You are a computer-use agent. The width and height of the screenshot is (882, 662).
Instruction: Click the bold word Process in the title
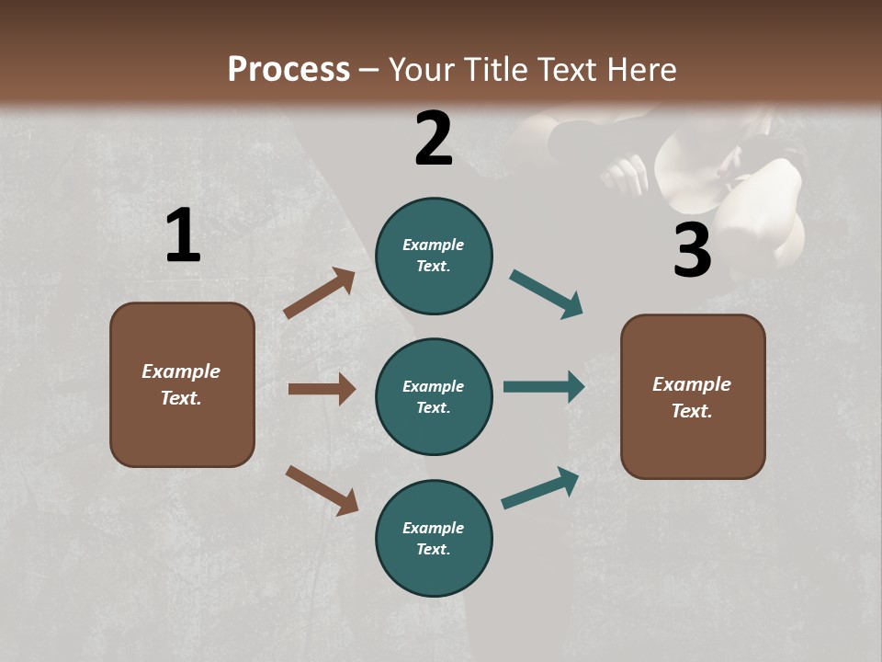pos(288,70)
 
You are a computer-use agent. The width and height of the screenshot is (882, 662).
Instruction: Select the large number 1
pos(183,236)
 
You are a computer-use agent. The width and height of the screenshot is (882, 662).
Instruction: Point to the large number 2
pos(434,139)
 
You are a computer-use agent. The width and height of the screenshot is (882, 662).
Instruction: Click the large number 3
pos(692,250)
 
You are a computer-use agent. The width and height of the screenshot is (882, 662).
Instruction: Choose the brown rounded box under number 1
pos(182,384)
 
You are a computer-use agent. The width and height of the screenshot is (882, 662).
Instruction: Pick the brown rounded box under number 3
pos(693,396)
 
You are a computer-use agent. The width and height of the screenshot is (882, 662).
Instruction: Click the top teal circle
pos(434,256)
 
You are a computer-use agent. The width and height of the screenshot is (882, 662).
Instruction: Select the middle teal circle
pos(434,396)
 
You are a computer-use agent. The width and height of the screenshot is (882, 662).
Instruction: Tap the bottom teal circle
pos(434,538)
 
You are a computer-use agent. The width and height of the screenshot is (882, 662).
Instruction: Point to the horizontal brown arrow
pos(322,389)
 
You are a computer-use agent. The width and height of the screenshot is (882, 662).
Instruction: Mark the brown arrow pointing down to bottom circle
pos(322,490)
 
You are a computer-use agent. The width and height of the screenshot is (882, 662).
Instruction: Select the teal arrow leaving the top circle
pos(547,294)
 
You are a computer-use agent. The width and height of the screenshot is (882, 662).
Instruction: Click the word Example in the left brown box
pos(181,371)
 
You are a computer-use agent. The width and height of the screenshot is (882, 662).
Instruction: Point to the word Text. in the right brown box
pos(692,411)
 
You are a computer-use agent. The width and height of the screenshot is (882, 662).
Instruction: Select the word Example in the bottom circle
pos(434,528)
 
